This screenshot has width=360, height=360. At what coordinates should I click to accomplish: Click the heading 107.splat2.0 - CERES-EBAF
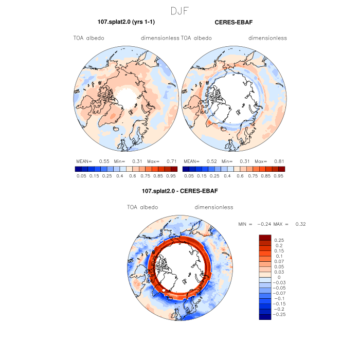(x=180, y=191)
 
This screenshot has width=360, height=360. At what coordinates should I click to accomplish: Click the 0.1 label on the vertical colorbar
(x=280, y=256)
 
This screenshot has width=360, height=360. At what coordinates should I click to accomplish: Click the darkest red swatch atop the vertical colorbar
(x=265, y=237)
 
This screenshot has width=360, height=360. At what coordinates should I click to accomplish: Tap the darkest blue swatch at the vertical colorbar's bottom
(x=265, y=316)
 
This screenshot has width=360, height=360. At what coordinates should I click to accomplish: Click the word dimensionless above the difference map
(x=214, y=207)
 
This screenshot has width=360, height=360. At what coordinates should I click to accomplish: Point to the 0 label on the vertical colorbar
(x=279, y=277)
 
